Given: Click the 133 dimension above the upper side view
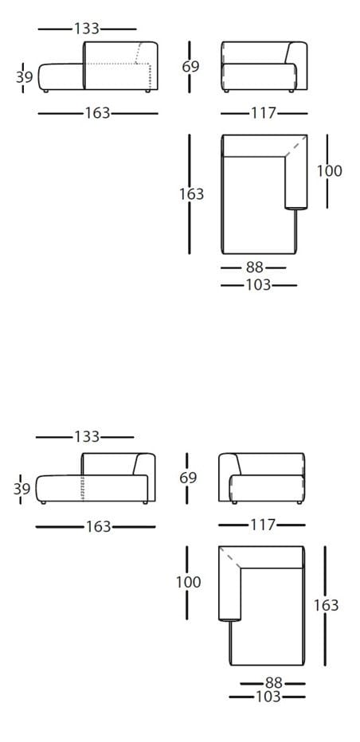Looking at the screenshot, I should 87,29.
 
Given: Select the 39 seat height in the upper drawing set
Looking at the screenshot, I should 25,76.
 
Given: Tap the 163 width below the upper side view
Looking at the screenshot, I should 97,113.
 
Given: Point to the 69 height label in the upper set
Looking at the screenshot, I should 191,67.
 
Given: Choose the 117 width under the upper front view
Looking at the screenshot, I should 263,113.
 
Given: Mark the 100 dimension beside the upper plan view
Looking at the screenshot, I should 329,170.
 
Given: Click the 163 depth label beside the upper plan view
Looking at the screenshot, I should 191,193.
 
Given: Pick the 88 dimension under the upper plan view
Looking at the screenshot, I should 255,268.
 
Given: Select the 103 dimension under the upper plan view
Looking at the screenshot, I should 258,284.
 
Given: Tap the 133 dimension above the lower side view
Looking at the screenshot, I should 86,436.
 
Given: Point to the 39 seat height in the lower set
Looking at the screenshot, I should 22,488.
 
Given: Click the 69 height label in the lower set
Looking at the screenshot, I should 189,478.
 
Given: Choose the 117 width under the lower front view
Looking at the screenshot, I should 261,525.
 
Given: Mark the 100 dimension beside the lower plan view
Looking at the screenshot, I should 189,582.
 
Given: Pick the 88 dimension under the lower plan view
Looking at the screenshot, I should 274,682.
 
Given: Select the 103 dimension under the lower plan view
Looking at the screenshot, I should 268,697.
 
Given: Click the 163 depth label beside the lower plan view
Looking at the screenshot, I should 327,605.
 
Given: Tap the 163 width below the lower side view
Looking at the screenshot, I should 98,526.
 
